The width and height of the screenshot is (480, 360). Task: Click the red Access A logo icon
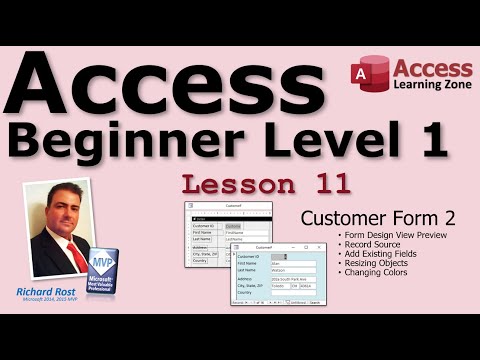pyautogui.click(x=369, y=74)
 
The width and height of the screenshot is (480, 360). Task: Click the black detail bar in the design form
pyautogui.click(x=230, y=218)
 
